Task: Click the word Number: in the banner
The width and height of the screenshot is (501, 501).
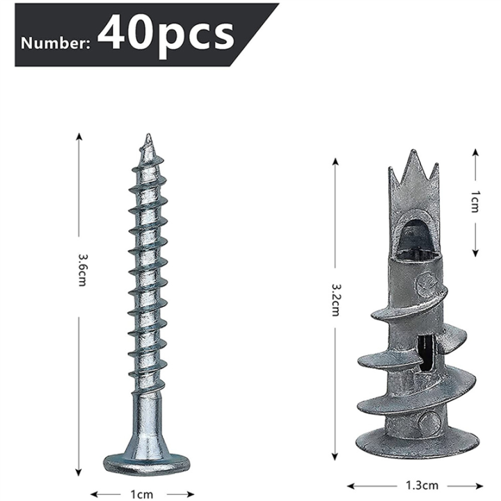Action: tap(55, 43)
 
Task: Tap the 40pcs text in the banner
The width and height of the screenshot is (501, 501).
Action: tap(165, 33)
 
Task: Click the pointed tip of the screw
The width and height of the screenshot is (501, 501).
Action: tap(148, 138)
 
